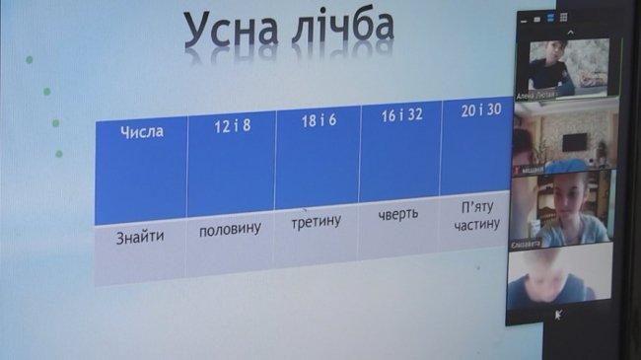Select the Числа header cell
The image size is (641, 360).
141,130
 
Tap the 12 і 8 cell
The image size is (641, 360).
232,126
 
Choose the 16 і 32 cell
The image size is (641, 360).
400,114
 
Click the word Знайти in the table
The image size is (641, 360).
140,237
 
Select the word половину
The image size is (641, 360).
230,229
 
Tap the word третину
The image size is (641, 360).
317,221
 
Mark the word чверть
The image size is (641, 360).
398,213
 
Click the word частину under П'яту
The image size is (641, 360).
478,226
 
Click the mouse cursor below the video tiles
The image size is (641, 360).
560,313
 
